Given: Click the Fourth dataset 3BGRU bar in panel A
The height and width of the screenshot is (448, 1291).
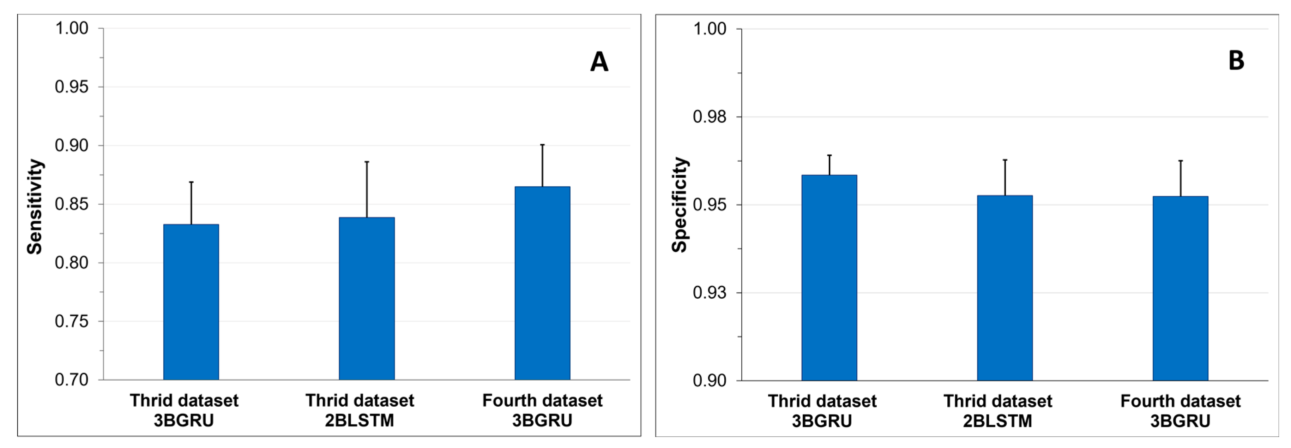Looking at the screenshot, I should [x=542, y=283].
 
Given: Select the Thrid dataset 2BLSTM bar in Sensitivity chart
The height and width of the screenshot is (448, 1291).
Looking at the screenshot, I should [x=366, y=299].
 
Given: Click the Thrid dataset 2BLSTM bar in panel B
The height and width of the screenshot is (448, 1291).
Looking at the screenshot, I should [x=1005, y=288].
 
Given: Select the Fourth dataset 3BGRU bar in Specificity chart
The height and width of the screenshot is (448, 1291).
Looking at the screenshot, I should [x=1180, y=288].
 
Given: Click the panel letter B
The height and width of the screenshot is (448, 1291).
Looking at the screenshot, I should [x=1236, y=61].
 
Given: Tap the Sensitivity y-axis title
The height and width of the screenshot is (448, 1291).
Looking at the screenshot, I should [x=35, y=207].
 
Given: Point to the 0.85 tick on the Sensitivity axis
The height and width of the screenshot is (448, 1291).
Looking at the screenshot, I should [x=72, y=204].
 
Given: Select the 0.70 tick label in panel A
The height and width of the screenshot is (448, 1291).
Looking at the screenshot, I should [x=72, y=380].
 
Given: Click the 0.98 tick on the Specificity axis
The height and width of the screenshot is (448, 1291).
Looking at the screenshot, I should [x=710, y=117].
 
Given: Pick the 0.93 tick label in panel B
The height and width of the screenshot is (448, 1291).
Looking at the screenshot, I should [x=710, y=292].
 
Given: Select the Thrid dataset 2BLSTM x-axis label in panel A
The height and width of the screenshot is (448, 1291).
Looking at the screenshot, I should [x=360, y=410].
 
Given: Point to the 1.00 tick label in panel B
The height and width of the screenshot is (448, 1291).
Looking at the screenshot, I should [x=710, y=29].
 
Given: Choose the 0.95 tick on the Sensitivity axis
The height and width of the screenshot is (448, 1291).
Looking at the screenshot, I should [x=72, y=87].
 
